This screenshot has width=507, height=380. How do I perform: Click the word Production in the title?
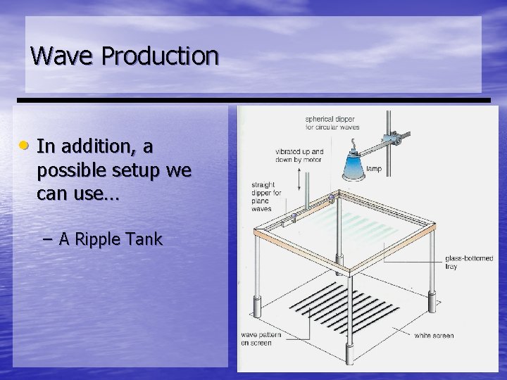click(x=160, y=56)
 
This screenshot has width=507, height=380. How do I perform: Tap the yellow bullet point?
click(x=24, y=146)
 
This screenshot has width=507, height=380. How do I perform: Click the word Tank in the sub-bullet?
click(x=146, y=239)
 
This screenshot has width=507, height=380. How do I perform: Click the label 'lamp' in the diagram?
click(x=374, y=169)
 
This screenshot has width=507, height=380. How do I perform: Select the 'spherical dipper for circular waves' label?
click(x=331, y=122)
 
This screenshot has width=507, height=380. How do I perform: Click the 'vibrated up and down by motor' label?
click(x=299, y=156)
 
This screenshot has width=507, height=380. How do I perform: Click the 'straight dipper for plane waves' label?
click(x=267, y=197)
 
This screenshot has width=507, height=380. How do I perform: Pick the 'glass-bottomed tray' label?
click(x=469, y=262)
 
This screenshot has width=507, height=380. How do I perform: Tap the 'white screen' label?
click(x=434, y=336)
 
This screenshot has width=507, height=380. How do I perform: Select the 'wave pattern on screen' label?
click(x=261, y=338)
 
